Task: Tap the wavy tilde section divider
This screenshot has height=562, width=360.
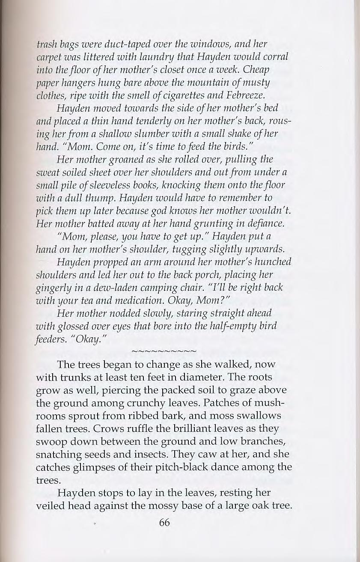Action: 164,351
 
